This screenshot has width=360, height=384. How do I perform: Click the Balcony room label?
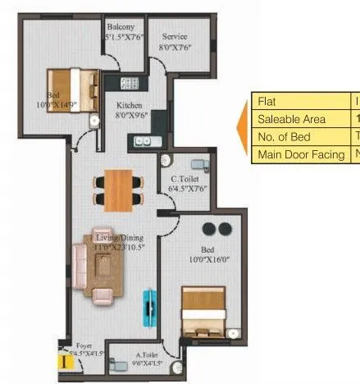click(120, 28)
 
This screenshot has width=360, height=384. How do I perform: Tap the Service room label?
click(174, 37)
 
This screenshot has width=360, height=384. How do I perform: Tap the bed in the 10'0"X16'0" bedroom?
click(203, 310)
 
